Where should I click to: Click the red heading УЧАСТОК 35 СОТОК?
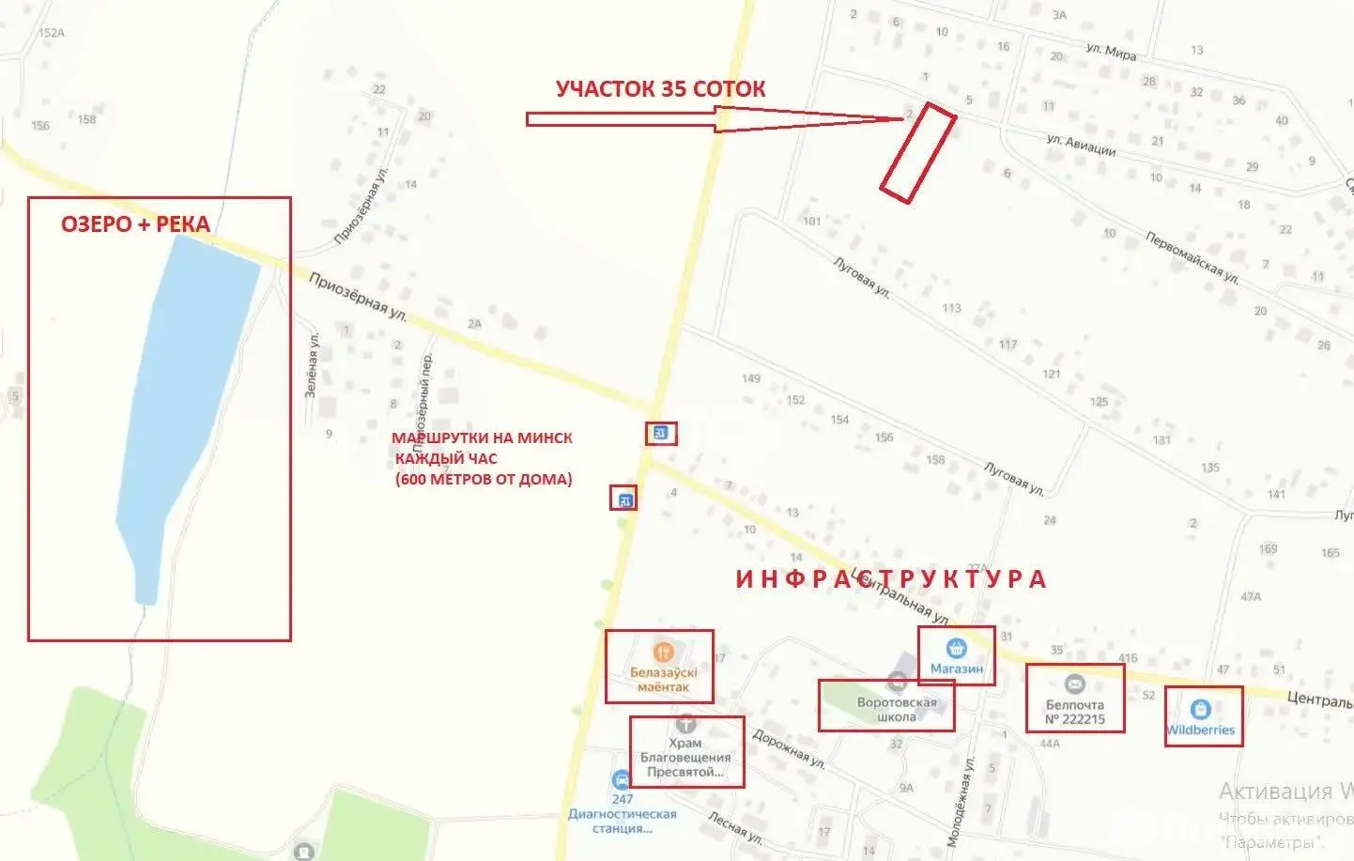[660, 89]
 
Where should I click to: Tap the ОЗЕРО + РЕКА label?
[135, 224]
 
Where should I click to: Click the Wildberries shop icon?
[1200, 709]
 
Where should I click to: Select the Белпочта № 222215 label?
[1075, 712]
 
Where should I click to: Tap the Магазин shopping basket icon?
[956, 648]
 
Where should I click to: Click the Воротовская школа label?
[896, 709]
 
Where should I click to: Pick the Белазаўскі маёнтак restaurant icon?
[663, 652]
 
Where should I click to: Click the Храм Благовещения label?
[685, 757]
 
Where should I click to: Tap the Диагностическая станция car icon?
[621, 780]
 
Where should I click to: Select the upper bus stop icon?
[660, 433]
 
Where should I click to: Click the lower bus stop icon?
[623, 499]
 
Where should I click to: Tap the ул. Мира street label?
[1111, 52]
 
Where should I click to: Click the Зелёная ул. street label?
[312, 365]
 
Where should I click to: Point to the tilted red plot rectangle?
[917, 152]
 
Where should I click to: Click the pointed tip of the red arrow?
[902, 118]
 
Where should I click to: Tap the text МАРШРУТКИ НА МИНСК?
[482, 438]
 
